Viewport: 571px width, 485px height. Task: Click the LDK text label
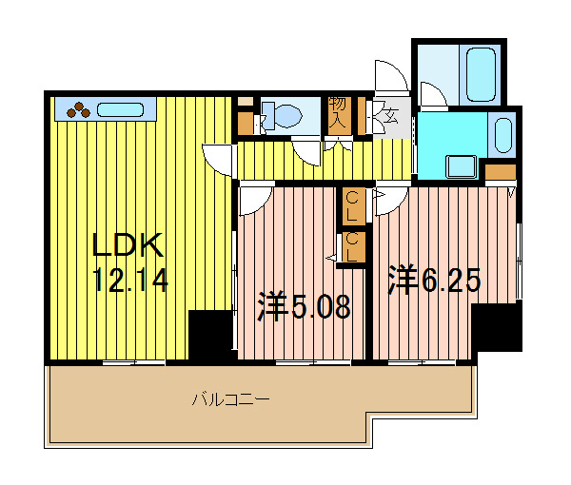click(x=128, y=247)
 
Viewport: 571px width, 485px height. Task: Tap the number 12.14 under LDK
click(x=130, y=281)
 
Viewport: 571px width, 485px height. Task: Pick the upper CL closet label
click(x=353, y=202)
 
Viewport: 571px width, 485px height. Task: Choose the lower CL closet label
click(x=353, y=246)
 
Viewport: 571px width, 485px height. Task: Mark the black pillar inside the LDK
click(x=210, y=335)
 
